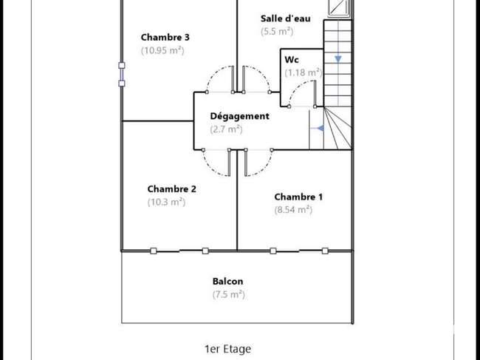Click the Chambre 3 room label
point(165,38)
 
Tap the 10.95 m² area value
point(162,50)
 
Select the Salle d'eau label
point(285,18)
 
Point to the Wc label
point(292,59)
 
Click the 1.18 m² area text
point(304,72)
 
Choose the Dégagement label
point(240,116)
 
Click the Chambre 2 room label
point(172,189)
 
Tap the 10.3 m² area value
point(167,203)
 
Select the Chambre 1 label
point(298,197)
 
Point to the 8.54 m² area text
point(293,210)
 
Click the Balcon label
point(227,281)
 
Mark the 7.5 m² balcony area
point(229,294)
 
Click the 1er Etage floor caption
point(227,349)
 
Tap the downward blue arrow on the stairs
point(338,58)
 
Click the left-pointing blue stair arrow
point(320,128)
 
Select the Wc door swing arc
point(297,87)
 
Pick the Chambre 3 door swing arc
point(215,73)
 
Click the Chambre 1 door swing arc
point(264,169)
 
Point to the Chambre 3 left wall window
point(122,74)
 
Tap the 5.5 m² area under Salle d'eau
point(277,32)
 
